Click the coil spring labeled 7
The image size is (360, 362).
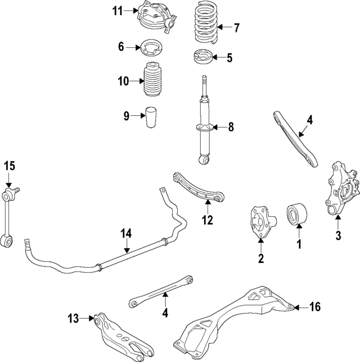pos(205,26)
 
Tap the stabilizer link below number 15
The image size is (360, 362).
pos(9,219)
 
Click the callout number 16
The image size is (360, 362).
pos(315,306)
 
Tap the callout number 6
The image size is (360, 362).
pos(121,47)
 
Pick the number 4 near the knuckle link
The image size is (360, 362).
pos(309,120)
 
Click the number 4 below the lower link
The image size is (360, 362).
pos(165,313)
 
